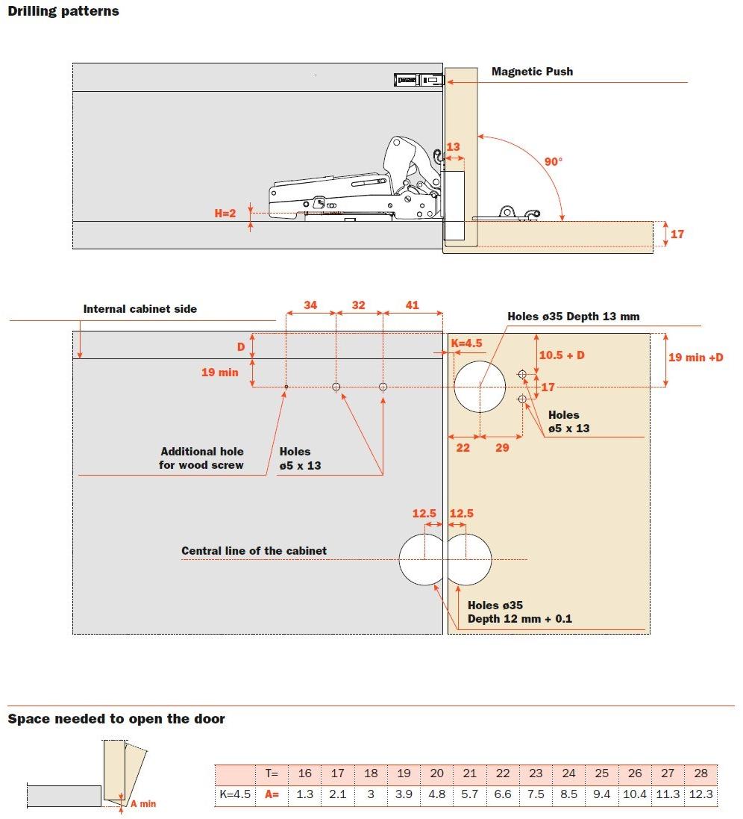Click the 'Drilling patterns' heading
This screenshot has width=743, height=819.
[63, 11]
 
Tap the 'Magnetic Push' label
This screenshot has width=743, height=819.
[532, 72]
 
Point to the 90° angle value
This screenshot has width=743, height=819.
[553, 161]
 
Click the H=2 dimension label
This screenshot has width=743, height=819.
[225, 213]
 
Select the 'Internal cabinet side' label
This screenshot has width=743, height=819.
[140, 308]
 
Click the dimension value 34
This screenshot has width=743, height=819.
[310, 305]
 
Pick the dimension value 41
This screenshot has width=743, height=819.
[412, 305]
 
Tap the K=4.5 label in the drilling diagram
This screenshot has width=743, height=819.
[467, 343]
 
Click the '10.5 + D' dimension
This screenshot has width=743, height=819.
[561, 355]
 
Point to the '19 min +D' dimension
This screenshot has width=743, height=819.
[695, 357]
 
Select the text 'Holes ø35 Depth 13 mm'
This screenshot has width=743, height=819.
[573, 317]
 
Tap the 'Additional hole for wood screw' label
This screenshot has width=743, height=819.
[201, 458]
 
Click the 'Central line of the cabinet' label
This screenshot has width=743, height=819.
[254, 550]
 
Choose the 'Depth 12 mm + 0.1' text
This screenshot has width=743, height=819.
[519, 619]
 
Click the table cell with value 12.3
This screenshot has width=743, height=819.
[701, 794]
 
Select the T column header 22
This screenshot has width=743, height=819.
[503, 773]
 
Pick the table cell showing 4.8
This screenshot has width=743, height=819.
[437, 794]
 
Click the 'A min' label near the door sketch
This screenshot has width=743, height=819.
[143, 803]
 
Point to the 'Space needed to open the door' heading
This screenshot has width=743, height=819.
[116, 719]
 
